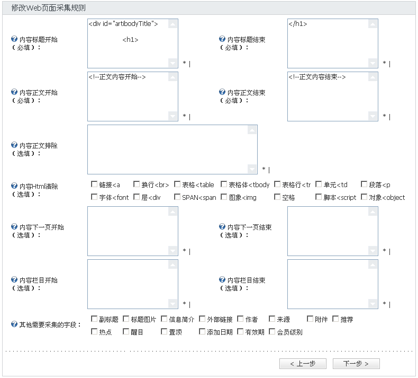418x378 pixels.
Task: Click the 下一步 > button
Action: [x=356, y=364]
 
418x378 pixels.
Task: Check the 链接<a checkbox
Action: [x=94, y=184]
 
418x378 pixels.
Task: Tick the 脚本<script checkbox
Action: [x=319, y=197]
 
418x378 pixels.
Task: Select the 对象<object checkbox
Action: [x=364, y=197]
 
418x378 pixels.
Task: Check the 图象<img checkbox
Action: [x=224, y=197]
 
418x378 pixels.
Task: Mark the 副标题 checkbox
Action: [x=94, y=319]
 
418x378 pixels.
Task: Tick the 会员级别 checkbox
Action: [x=272, y=331]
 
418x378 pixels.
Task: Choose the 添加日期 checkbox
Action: [x=202, y=331]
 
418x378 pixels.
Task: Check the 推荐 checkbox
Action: [x=335, y=319]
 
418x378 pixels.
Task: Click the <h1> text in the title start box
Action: [x=130, y=40]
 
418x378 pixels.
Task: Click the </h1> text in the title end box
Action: [x=298, y=24]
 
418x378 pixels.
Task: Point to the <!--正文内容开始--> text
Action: [x=117, y=77]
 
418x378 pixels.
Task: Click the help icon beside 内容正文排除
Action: [x=14, y=145]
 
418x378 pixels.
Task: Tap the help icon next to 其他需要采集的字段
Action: [x=14, y=324]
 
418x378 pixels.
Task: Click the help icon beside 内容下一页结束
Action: [x=222, y=226]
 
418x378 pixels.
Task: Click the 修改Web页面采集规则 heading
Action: [x=49, y=8]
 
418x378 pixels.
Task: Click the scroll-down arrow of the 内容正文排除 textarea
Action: [x=252, y=169]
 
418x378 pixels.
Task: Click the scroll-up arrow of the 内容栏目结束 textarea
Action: [x=372, y=265]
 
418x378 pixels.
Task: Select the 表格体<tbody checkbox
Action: [x=224, y=184]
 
